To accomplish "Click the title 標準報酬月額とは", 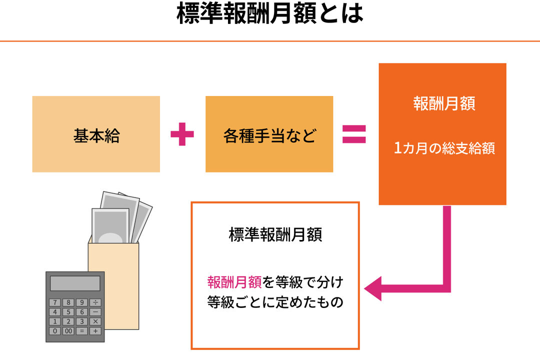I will click(270, 15).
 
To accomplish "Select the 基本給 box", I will click(96, 134).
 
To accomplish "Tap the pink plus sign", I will click(182, 134).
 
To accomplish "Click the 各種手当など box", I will click(269, 134).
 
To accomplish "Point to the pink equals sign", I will click(354, 134).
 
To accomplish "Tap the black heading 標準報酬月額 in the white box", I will click(275, 235).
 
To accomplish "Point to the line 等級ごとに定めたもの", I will click(275, 302).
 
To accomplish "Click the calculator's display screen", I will click(75, 283).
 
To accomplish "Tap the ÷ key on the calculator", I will click(95, 302).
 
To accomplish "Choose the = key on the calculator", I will click(82, 331).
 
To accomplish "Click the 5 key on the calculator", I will click(68, 312).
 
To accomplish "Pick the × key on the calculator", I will click(95, 321).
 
